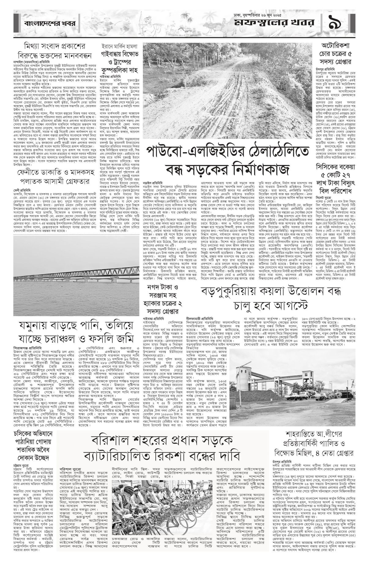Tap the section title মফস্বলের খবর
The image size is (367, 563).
click(x=274, y=23)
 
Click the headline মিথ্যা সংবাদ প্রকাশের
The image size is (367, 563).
click(x=55, y=47)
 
